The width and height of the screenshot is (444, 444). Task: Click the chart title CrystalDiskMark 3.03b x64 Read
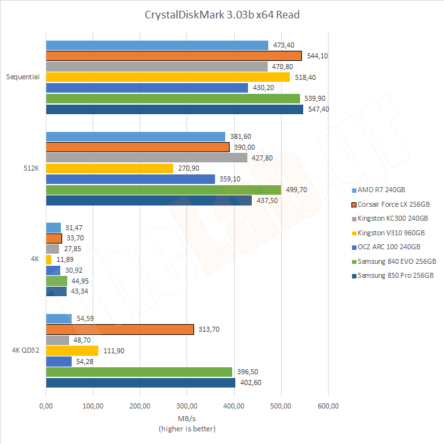[221, 15]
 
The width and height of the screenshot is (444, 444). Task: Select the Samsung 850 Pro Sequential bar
[174, 109]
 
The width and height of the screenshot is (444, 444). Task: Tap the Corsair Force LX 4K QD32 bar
[120, 329]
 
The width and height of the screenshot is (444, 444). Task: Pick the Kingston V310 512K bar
[109, 168]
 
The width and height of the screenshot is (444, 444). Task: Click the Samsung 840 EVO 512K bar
[163, 190]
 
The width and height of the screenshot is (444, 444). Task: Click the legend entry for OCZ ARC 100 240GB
[389, 247]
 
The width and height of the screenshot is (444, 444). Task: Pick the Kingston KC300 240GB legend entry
[392, 218]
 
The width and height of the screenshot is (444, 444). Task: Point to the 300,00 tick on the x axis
[186, 405]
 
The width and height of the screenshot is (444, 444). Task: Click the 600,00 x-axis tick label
[328, 405]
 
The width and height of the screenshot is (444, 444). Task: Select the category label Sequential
[23, 77]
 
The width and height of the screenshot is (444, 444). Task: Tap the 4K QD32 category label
[26, 351]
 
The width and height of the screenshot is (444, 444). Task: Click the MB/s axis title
[186, 419]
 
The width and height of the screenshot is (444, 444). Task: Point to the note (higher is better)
[186, 429]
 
